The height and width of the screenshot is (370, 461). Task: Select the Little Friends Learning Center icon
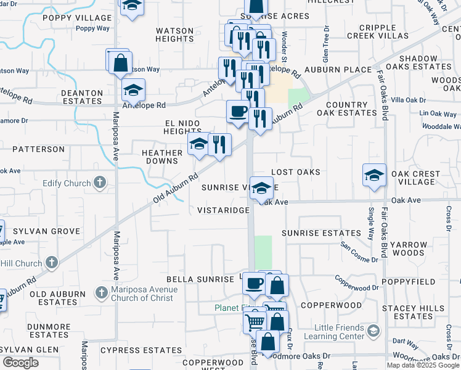[x=373, y=332]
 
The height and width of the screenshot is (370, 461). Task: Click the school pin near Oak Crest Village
[x=374, y=175]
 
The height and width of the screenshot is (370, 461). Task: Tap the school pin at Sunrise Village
[x=262, y=187]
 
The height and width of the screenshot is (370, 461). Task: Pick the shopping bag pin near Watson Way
[x=121, y=63]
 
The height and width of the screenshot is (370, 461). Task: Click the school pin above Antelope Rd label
[x=133, y=91]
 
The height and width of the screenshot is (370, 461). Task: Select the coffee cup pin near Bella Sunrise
[x=254, y=284]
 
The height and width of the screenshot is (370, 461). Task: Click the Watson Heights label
[x=175, y=35]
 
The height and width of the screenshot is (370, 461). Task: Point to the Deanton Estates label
[x=82, y=97]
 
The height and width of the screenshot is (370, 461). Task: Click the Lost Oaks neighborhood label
[x=296, y=172]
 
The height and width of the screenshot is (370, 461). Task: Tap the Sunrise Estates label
[x=321, y=233]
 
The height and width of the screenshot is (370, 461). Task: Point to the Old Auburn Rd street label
[x=176, y=189]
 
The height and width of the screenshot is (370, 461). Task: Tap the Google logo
[x=20, y=363]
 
